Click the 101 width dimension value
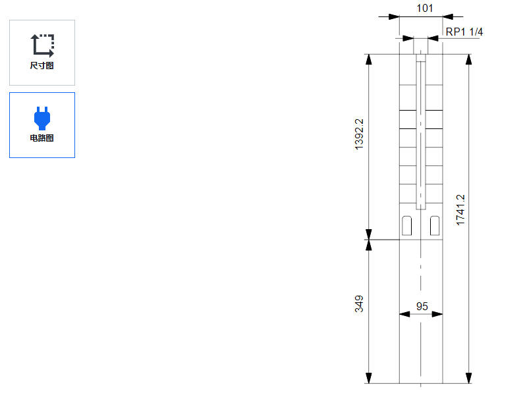[425, 8]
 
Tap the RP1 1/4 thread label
[464, 32]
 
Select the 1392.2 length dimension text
[359, 134]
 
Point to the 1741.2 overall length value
[460, 210]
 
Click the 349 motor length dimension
[359, 304]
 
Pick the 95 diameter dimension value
[422, 306]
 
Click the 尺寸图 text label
[42, 66]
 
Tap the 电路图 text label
[42, 138]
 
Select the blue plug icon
[42, 118]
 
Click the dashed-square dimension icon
[43, 45]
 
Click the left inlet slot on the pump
[407, 226]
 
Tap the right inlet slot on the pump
[435, 226]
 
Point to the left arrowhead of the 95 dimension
[404, 314]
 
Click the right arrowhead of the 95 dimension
[437, 314]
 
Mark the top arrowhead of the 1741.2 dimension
[469, 59]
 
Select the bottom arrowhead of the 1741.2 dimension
[469, 378]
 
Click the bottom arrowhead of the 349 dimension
[369, 378]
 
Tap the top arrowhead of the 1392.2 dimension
[369, 59]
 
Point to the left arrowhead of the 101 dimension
[394, 16]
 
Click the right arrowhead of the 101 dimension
[448, 16]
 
